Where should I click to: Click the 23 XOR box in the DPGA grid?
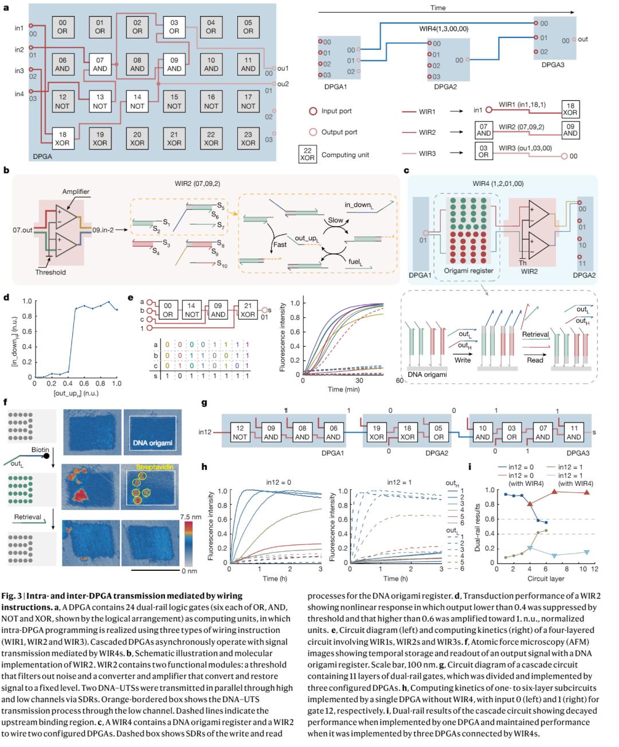tap(248, 138)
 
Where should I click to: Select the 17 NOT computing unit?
tap(248, 102)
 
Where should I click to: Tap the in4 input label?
tap(19, 94)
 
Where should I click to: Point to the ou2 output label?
tap(283, 84)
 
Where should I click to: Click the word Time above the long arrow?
tap(438, 8)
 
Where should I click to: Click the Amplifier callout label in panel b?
tap(76, 191)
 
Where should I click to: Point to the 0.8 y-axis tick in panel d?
tap(26, 316)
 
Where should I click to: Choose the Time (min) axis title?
tap(343, 390)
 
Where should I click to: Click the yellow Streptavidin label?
tap(151, 467)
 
